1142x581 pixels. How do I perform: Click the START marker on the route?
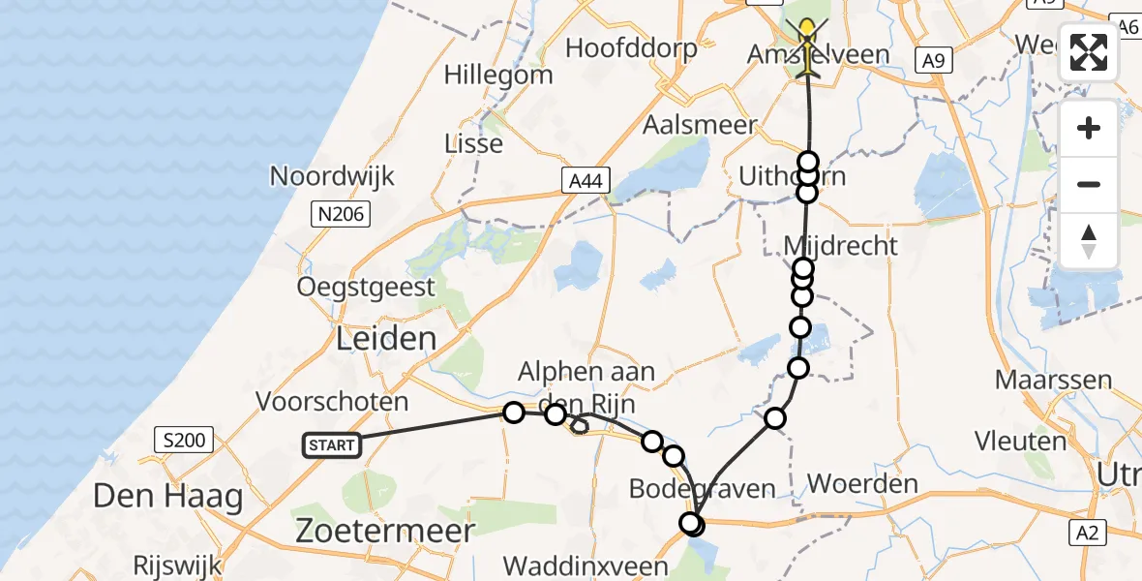(x=332, y=445)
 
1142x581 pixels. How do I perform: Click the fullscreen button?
(x=1089, y=52)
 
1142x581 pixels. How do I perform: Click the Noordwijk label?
(x=332, y=176)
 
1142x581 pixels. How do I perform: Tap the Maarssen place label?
(x=1052, y=379)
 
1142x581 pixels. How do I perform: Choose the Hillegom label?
(x=498, y=75)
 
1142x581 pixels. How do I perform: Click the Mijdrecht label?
(x=841, y=245)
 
